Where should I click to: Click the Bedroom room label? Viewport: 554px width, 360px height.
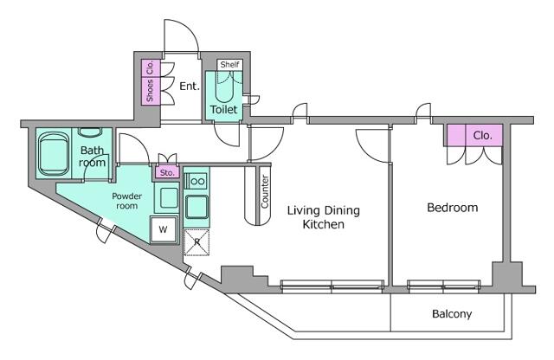pyautogui.click(x=452, y=208)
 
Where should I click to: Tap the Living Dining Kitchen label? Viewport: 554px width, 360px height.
pyautogui.click(x=323, y=217)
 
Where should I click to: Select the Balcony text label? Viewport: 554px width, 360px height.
pyautogui.click(x=452, y=314)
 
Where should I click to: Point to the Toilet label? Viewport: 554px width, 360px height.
pyautogui.click(x=223, y=110)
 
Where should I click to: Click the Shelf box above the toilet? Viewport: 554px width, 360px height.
pyautogui.click(x=229, y=65)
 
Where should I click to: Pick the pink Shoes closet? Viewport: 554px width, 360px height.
pyautogui.click(x=151, y=91)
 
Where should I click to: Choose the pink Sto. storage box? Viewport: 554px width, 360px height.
pyautogui.click(x=167, y=172)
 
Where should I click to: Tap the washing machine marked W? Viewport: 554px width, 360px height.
pyautogui.click(x=164, y=229)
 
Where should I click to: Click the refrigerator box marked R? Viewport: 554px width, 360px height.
pyautogui.click(x=196, y=242)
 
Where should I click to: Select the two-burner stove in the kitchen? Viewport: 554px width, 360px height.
pyautogui.click(x=196, y=182)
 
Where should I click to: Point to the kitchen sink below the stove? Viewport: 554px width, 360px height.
pyautogui.click(x=196, y=207)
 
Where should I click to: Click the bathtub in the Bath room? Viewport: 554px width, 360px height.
pyautogui.click(x=54, y=154)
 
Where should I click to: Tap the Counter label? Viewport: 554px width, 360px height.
pyautogui.click(x=265, y=191)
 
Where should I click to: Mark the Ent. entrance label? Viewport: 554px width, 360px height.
pyautogui.click(x=190, y=86)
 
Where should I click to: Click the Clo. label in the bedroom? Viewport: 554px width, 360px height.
pyautogui.click(x=483, y=135)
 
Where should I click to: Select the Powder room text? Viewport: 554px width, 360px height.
pyautogui.click(x=127, y=201)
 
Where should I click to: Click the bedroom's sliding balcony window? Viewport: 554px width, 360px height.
pyautogui.click(x=443, y=285)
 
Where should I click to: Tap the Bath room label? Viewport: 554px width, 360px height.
pyautogui.click(x=93, y=156)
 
